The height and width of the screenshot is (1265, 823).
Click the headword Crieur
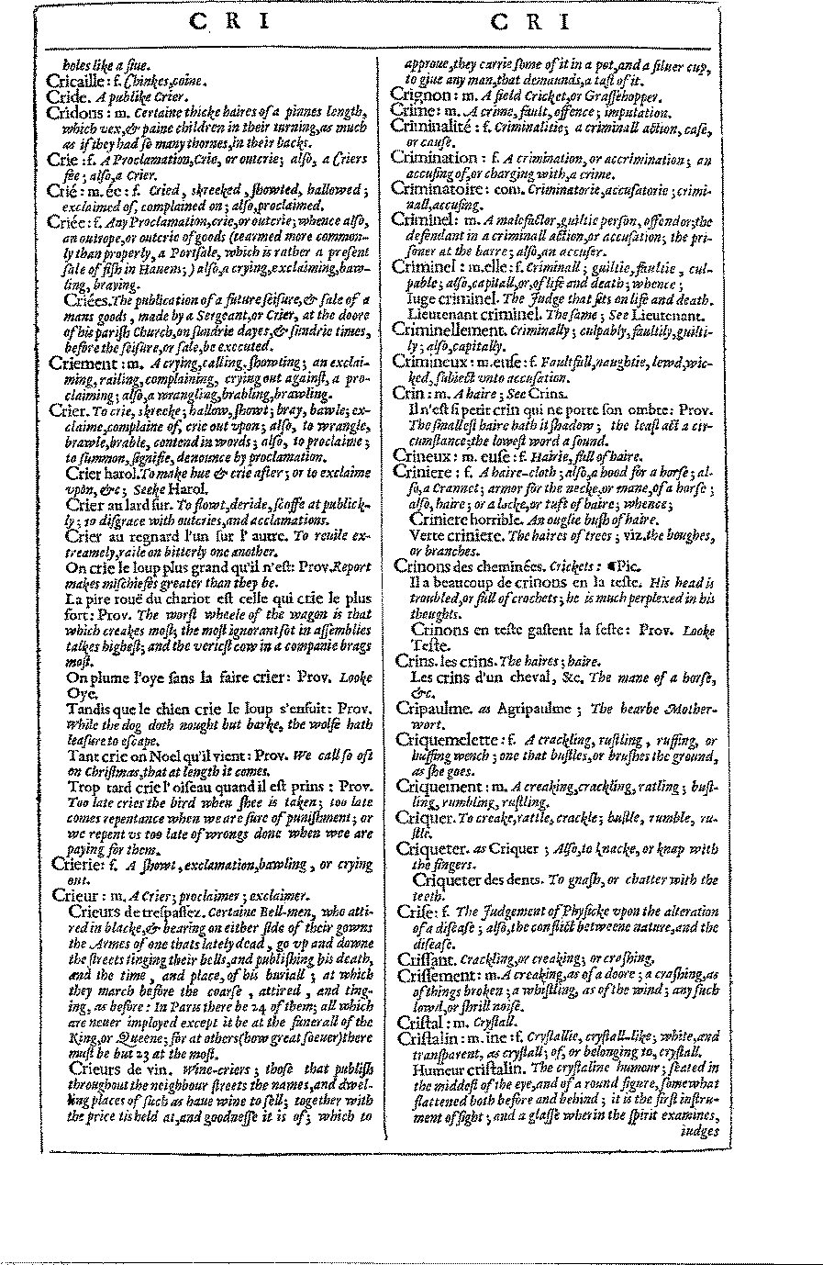76,895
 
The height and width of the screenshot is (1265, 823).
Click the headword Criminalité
434,127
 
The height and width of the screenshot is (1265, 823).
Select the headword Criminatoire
439,187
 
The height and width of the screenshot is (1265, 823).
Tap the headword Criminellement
449,329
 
